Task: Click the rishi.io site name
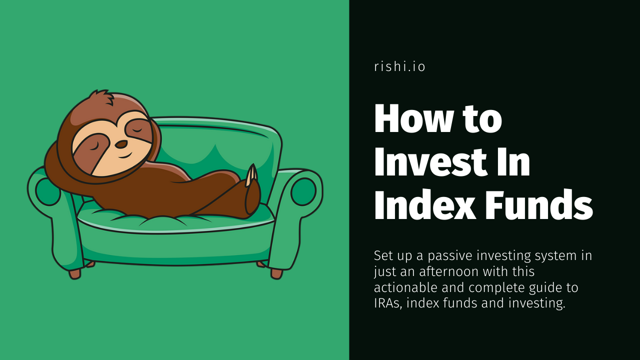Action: click(x=399, y=66)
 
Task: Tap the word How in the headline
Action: click(x=413, y=118)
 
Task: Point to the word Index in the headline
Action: click(x=425, y=204)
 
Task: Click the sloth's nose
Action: click(x=121, y=144)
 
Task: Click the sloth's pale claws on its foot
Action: click(x=251, y=175)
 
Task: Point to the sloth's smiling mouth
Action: click(x=125, y=155)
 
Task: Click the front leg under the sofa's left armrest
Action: click(x=75, y=273)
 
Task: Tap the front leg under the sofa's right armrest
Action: click(x=276, y=273)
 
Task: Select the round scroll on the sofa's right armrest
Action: click(x=303, y=191)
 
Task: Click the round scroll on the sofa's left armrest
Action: click(x=47, y=192)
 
